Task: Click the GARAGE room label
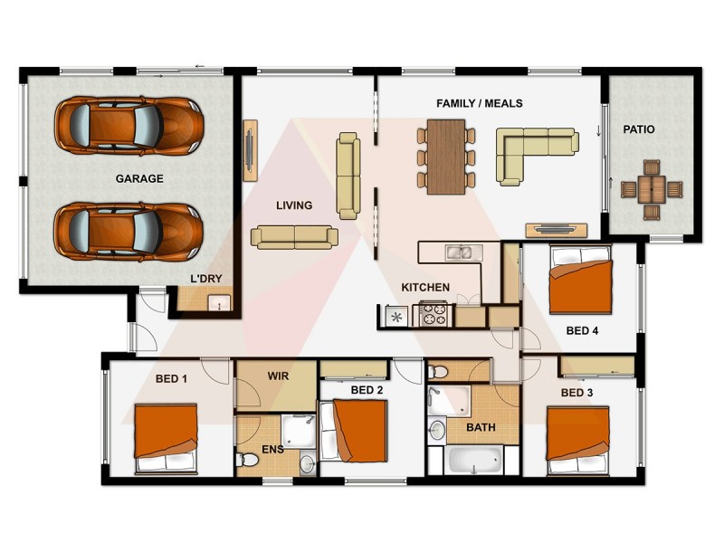tap(138, 178)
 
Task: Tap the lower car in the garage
tap(128, 228)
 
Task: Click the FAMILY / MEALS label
tap(479, 104)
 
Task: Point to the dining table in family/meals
tap(445, 157)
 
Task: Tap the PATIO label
tap(639, 129)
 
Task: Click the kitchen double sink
tap(459, 252)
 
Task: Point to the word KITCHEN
tap(425, 288)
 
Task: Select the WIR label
tap(278, 374)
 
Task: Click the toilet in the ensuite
tap(249, 461)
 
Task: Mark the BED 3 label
tap(576, 393)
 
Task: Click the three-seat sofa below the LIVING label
tap(294, 237)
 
